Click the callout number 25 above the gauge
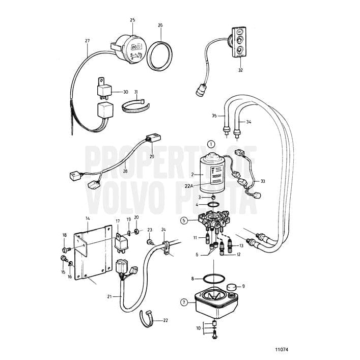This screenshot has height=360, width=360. [132, 20]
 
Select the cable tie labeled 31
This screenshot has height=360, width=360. [136, 106]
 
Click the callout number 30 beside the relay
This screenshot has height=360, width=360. [125, 92]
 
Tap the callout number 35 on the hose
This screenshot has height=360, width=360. [214, 116]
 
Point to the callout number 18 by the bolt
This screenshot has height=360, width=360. [64, 235]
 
